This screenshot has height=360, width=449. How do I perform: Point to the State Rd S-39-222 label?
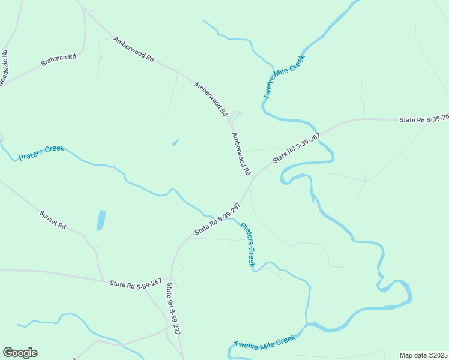coord(173,308)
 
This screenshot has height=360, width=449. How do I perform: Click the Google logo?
coord(20,353)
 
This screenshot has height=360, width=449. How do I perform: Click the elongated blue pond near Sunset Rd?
coord(101,220)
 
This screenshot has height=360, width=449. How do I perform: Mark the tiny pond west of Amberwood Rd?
coord(175,143)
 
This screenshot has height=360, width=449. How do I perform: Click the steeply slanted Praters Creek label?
coord(248,245)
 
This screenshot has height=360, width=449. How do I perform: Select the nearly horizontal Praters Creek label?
coord(41,152)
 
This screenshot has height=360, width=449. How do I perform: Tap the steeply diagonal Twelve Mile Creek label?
coord(284,77)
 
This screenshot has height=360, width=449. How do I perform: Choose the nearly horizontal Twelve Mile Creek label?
coord(265,342)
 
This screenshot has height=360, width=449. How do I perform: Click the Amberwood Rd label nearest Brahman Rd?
coord(134,50)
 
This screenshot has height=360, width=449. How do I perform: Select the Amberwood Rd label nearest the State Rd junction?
coord(241,154)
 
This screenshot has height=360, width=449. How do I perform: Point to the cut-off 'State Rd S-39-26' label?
coord(424,119)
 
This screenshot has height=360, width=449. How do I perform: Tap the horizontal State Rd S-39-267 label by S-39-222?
coord(136,283)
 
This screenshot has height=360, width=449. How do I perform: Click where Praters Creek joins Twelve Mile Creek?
coord(307,325)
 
